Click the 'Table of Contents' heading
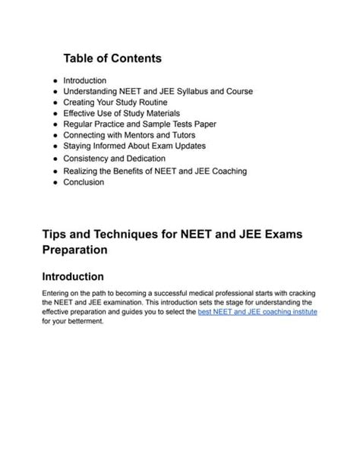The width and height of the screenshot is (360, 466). click(x=112, y=58)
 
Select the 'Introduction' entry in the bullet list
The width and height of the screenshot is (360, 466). click(x=85, y=80)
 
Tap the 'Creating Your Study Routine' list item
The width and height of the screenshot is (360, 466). click(x=115, y=102)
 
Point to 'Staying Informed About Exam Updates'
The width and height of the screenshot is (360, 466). click(x=134, y=146)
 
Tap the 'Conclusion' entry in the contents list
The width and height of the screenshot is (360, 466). click(x=84, y=182)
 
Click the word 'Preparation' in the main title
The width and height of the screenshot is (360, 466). click(x=74, y=249)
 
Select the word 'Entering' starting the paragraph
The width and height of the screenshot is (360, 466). click(x=58, y=293)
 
